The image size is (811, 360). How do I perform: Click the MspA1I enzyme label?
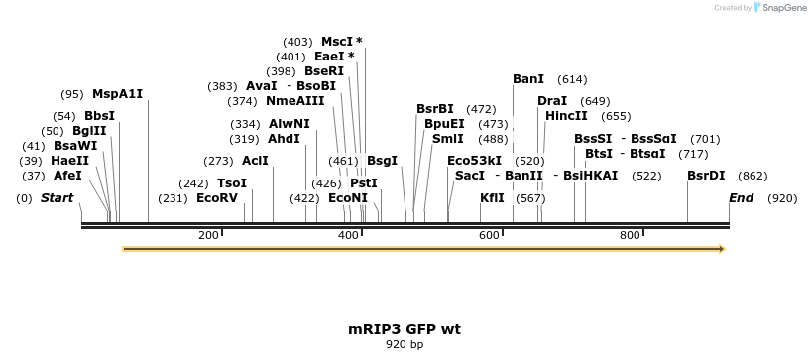pos(117,94)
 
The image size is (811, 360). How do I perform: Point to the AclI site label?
pos(255,161)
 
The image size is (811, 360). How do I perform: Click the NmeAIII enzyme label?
pos(295,101)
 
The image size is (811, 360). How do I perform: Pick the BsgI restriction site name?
pos(382,161)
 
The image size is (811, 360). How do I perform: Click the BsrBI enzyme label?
pos(435,109)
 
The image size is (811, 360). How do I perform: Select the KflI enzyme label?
pos(492,198)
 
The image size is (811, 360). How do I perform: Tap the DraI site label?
pos(552,101)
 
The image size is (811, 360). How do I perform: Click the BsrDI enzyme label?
pos(706,176)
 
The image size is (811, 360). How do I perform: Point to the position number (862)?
pos(753,176)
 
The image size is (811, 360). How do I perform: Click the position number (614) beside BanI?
pos(572,79)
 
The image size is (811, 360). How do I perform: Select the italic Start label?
pos(57,198)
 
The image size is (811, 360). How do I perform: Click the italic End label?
pos(742,198)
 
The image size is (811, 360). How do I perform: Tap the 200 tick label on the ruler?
pos(208,235)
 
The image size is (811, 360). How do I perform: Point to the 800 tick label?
pos(630,235)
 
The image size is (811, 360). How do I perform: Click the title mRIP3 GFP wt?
pos(405,328)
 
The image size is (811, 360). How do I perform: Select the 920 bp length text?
pos(405,345)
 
